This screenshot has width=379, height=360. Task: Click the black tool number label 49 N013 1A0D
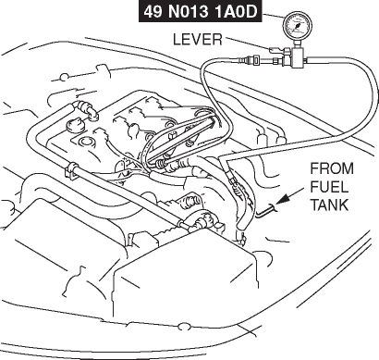coord(200,12)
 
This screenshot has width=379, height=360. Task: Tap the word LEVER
coord(198,40)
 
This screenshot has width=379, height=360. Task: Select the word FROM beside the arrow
coord(332,168)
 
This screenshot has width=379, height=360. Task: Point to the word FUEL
coord(329,187)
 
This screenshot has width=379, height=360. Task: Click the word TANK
coord(329,205)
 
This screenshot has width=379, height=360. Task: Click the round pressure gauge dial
coord(298,26)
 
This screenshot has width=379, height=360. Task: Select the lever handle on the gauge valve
coord(276,50)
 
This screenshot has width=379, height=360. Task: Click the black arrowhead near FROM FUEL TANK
coord(284,198)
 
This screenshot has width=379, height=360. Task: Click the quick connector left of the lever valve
coord(252,58)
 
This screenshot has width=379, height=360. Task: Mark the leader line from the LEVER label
coord(248,43)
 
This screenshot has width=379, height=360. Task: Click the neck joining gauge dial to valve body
coord(298,43)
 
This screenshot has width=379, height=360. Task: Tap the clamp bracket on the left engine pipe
coord(71,171)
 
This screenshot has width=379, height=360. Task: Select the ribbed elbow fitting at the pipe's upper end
coord(87,110)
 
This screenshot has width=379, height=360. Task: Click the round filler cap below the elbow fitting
coord(75,126)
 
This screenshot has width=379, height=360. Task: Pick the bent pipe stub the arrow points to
coord(267,212)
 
